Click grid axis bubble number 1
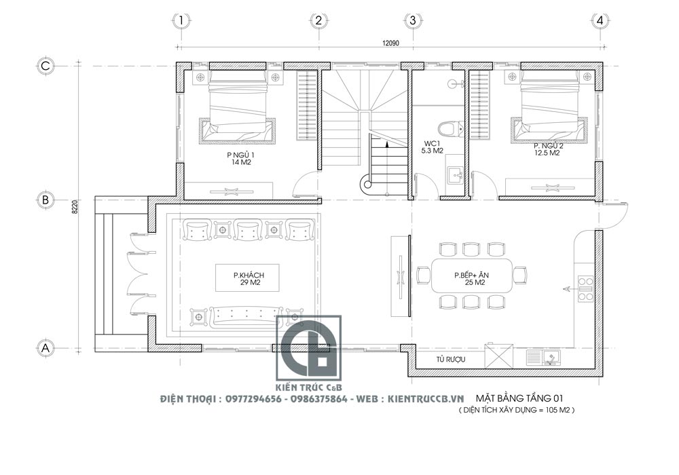pos(181,20)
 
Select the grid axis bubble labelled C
pos(45,66)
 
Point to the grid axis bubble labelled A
pos(45,348)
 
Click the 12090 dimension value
pos(390,43)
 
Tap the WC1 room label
pos(432,144)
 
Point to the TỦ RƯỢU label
pos(451,359)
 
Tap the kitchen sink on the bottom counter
pos(544,358)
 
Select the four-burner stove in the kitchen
pos(585,288)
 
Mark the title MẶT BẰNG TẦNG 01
pos(519,398)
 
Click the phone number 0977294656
pos(253,399)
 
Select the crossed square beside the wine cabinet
pos(498,356)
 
